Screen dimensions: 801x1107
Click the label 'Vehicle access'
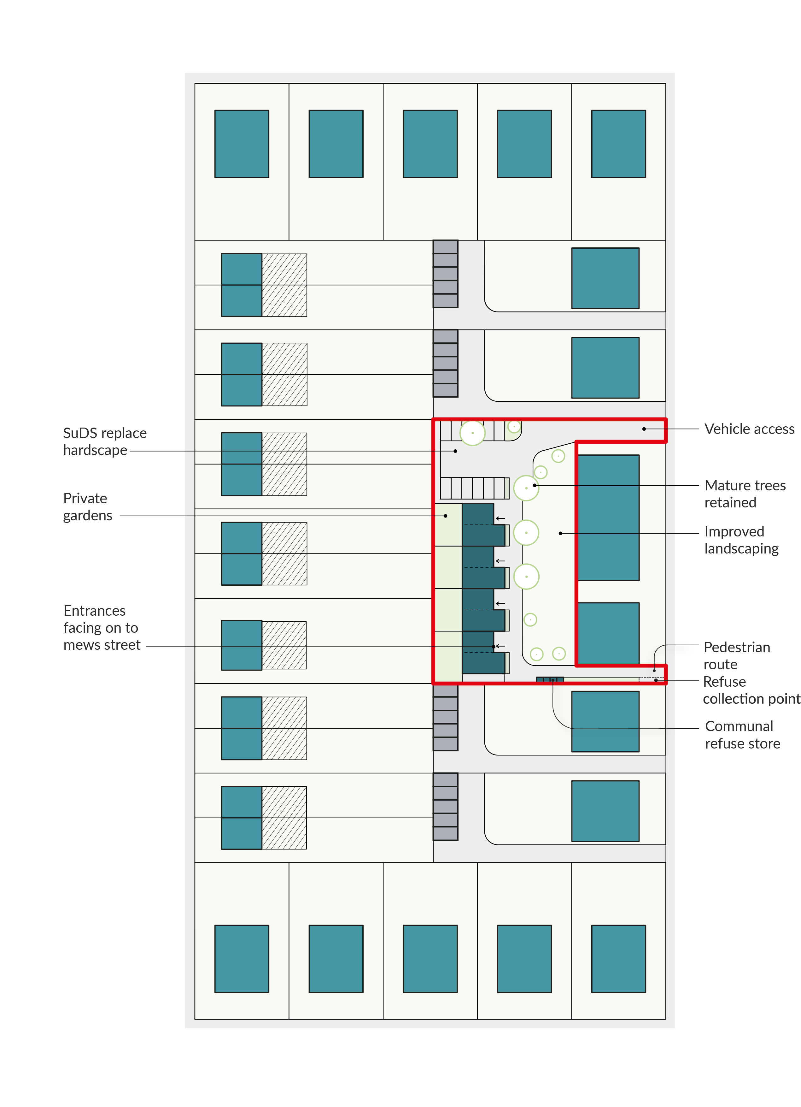tap(749, 429)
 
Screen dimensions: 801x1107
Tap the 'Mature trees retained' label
tap(745, 494)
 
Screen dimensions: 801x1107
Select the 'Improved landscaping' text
tap(741, 540)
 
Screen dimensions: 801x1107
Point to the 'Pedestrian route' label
tap(737, 655)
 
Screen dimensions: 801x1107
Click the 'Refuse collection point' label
tap(751, 690)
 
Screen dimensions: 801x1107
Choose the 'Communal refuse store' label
tap(742, 735)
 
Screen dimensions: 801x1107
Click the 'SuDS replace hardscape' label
tap(105, 441)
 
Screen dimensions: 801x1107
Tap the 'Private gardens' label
tap(88, 507)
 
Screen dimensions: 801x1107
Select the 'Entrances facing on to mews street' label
tap(102, 628)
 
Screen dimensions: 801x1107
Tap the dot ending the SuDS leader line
tap(455, 451)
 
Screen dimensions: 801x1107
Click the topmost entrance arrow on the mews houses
tap(500, 518)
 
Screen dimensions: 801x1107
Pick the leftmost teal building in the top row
tap(242, 144)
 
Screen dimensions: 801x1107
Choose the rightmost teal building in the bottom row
tap(618, 959)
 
